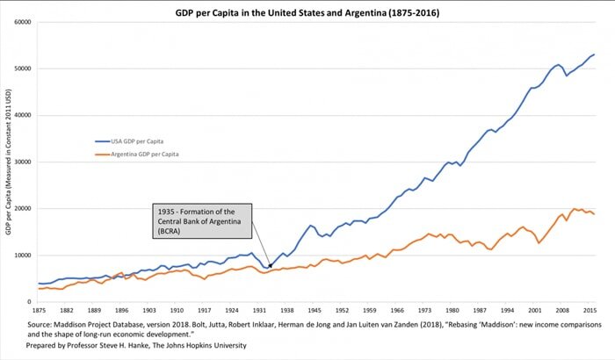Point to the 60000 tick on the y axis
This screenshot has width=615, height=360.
pos(21,22)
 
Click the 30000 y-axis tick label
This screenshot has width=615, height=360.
pos(21,162)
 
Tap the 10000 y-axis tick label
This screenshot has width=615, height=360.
pos(21,256)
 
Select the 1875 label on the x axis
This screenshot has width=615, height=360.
pos(39,311)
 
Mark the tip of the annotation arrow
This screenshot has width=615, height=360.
pos(271,267)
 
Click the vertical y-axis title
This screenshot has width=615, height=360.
pos(8,162)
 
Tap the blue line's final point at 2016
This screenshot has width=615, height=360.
pos(594,54)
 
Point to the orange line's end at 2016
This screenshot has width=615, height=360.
pos(594,214)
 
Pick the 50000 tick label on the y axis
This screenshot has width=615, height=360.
pos(21,68)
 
